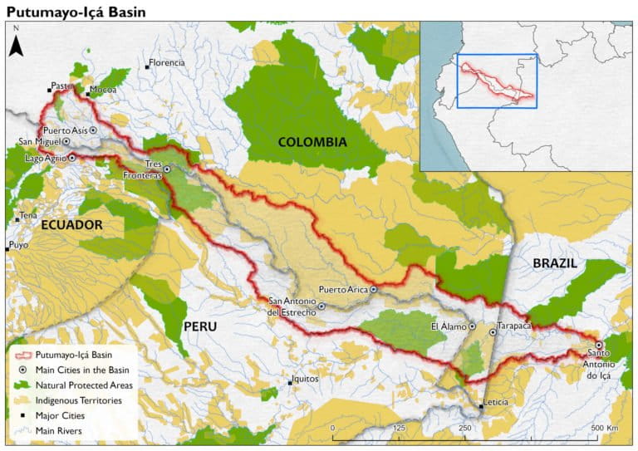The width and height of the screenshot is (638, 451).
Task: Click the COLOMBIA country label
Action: coord(312,142)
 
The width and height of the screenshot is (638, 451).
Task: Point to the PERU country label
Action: coord(200,326)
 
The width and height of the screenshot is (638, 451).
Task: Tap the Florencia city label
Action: coord(167,62)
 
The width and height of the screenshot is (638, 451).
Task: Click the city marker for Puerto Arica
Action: coord(374,289)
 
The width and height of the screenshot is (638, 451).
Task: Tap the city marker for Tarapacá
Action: coord(493,332)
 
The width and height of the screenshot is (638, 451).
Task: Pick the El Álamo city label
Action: coord(447,326)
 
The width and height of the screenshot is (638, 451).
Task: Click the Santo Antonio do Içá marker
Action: coord(599,345)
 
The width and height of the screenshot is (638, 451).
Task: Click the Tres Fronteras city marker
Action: coord(167,169)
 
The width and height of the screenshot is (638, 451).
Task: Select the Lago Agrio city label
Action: coord(45,157)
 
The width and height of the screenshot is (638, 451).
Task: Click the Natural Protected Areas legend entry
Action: coord(83,385)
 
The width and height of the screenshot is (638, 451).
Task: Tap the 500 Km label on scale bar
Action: coord(605,428)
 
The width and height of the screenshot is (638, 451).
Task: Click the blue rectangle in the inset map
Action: coord(498,81)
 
